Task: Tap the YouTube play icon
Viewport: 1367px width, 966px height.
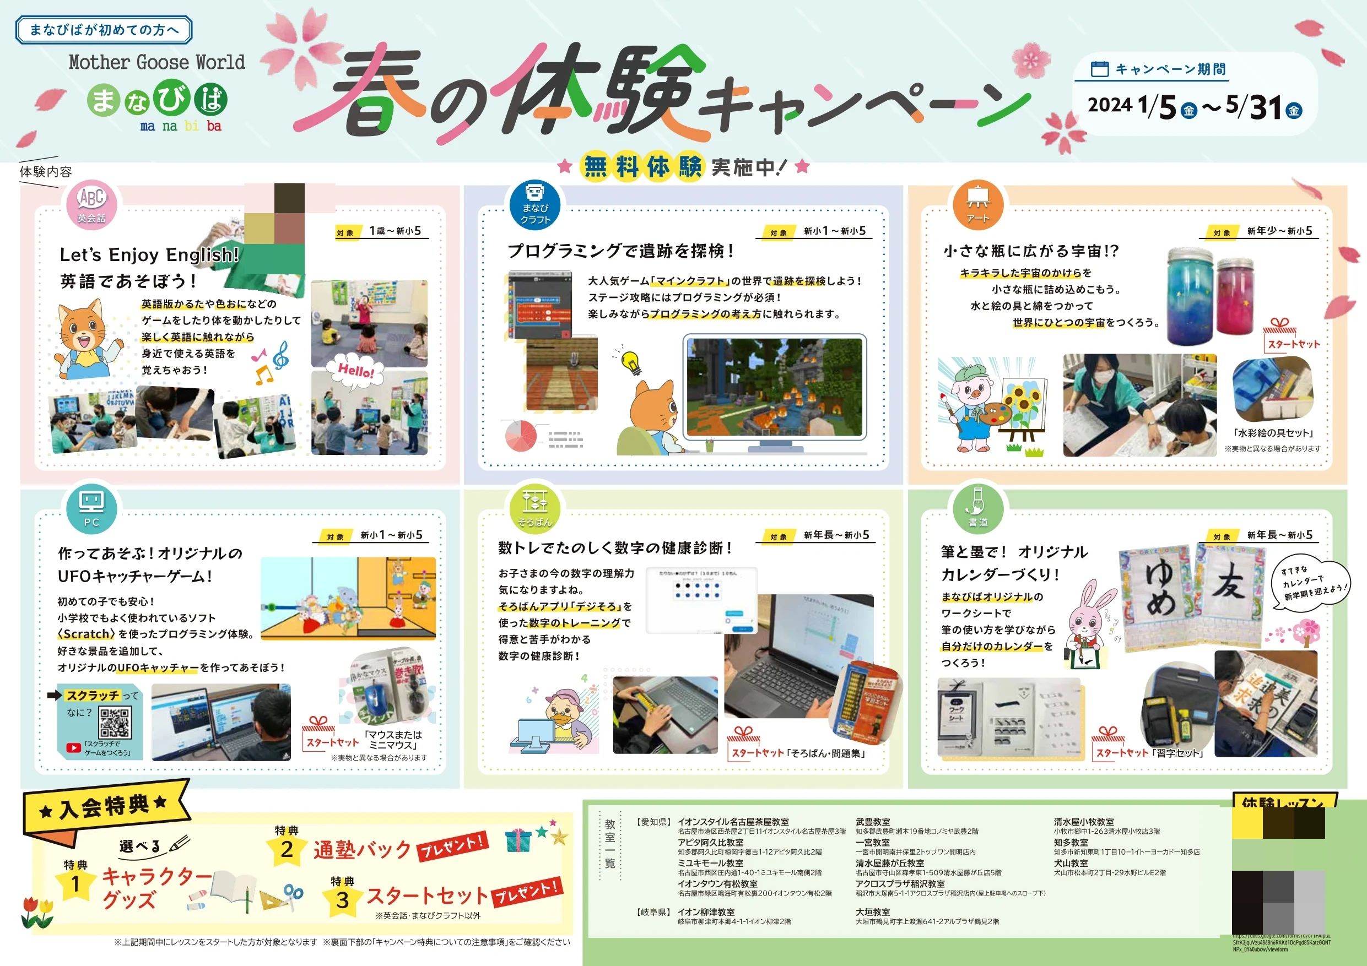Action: click(74, 748)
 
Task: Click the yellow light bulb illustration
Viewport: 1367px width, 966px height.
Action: click(630, 361)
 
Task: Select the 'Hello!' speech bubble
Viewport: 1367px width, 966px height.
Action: click(355, 372)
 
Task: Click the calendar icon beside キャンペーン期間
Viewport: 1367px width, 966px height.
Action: click(1099, 69)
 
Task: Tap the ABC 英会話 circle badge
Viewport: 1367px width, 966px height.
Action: click(91, 205)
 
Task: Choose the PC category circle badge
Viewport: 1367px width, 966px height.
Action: click(91, 509)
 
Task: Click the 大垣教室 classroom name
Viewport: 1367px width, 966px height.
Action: click(873, 912)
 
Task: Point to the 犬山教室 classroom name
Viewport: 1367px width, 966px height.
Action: click(1071, 862)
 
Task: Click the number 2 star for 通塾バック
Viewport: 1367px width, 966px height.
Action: click(287, 849)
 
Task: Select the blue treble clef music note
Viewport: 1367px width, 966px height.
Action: click(281, 355)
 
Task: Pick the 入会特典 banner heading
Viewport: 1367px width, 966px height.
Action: click(104, 808)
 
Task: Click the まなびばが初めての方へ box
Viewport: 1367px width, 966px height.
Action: click(104, 30)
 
